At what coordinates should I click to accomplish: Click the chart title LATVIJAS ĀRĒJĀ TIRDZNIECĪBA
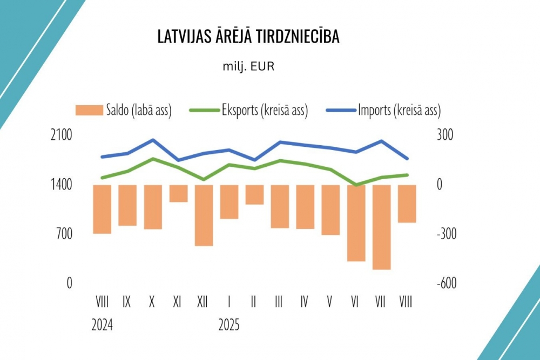click(248, 37)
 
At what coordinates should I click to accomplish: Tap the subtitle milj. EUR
click(249, 67)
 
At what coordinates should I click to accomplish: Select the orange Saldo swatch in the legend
click(89, 111)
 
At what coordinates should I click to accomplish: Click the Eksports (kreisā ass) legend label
click(265, 111)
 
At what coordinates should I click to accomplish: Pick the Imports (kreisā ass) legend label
click(399, 111)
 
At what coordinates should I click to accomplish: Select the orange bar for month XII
click(204, 215)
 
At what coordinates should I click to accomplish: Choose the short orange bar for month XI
click(178, 193)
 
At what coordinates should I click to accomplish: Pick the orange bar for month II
click(254, 194)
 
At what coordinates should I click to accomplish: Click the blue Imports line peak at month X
click(153, 140)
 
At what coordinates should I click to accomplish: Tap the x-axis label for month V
click(330, 302)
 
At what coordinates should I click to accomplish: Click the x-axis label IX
click(127, 302)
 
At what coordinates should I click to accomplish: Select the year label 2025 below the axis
click(229, 325)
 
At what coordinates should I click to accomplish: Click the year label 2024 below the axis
click(102, 325)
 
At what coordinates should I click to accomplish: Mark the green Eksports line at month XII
click(204, 179)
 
